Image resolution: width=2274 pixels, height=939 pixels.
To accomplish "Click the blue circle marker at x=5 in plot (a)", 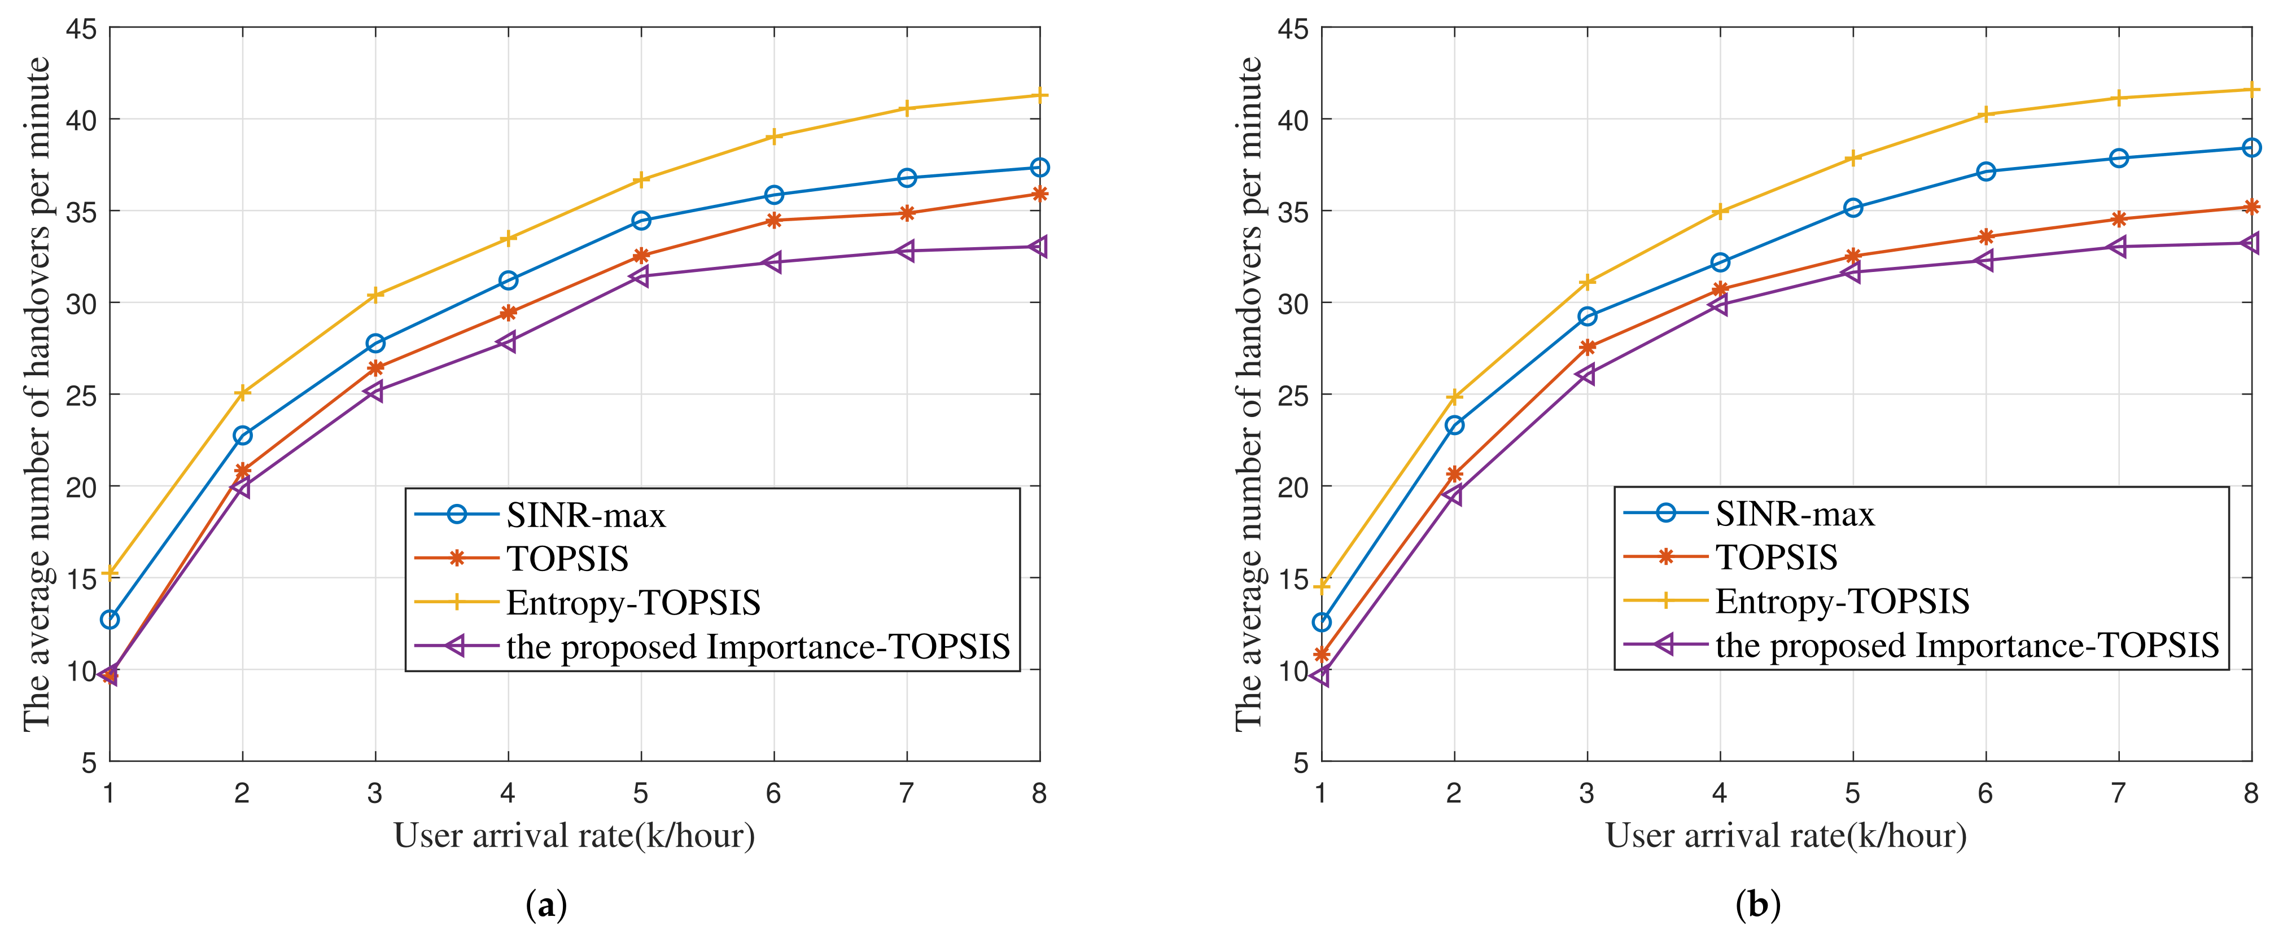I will pos(641,221).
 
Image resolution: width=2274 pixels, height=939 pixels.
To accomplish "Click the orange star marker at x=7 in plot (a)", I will pos(907,213).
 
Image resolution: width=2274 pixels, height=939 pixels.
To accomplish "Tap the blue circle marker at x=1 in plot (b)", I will pos(1322,622).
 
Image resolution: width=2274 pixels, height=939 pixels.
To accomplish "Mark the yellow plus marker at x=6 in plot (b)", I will pos(1986,115).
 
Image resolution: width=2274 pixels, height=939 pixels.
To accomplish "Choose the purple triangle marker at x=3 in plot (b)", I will pos(1586,374).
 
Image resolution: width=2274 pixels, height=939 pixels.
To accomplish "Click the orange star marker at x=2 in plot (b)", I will pos(1454,475).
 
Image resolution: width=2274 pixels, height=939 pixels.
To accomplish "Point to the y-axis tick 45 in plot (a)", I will pos(81,29).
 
